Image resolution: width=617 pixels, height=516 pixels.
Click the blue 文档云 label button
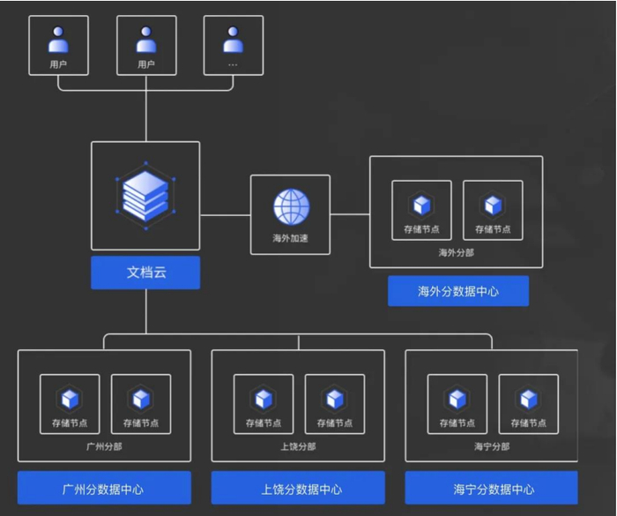(145, 273)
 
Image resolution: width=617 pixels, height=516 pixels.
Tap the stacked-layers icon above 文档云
(145, 195)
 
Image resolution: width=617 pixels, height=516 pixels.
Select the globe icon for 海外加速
(291, 206)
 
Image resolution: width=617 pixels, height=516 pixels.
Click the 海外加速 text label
(291, 237)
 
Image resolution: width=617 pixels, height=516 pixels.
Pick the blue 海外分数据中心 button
(458, 291)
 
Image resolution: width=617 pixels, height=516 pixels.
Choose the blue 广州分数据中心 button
(104, 488)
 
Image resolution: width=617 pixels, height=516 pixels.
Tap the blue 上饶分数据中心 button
(298, 488)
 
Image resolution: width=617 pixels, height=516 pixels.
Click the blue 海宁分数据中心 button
(492, 488)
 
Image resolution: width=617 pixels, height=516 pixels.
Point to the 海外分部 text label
(457, 253)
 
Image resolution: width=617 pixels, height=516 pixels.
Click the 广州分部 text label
(104, 446)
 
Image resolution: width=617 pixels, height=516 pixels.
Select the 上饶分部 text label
(298, 446)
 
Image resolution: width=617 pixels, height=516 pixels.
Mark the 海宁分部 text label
(492, 446)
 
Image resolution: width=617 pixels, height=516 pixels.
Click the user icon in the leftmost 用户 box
(59, 39)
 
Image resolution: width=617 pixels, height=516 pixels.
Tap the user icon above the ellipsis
(233, 39)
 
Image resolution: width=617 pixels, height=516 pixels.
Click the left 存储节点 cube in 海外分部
(421, 206)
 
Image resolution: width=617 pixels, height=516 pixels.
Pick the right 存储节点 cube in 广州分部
(141, 400)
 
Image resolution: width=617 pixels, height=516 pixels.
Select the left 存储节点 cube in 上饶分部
(264, 400)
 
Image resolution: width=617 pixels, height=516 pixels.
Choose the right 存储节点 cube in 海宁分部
(528, 400)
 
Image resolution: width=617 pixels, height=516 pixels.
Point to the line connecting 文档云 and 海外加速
(225, 214)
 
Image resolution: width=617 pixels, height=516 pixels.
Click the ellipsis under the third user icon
(233, 64)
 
